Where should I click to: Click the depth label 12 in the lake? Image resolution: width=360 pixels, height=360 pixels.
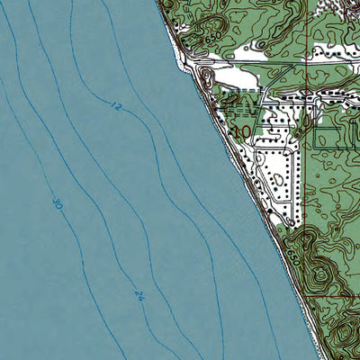[116, 106]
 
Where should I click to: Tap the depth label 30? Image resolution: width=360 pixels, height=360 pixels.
[56, 205]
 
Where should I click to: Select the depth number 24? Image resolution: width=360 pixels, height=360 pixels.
[139, 293]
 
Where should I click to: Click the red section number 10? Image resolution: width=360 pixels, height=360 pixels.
[241, 132]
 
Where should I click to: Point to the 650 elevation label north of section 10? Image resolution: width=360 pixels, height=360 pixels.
[213, 40]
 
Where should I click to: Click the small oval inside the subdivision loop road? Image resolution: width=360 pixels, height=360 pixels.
[278, 179]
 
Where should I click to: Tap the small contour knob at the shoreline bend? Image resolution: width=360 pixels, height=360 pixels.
[206, 76]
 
